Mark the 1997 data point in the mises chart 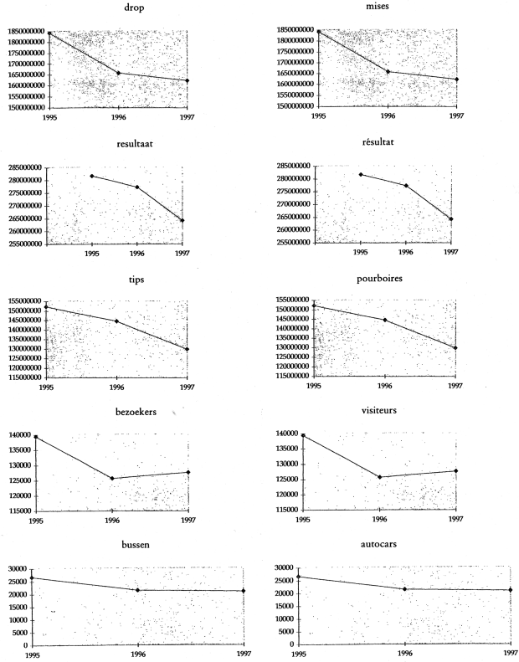click(456, 80)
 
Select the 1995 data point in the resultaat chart click(92, 176)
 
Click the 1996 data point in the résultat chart click(406, 185)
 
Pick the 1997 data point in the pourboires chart click(456, 347)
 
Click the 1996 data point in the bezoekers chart click(113, 479)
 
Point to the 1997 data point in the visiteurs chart click(456, 470)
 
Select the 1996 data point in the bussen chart click(137, 591)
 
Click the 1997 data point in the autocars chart click(510, 590)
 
